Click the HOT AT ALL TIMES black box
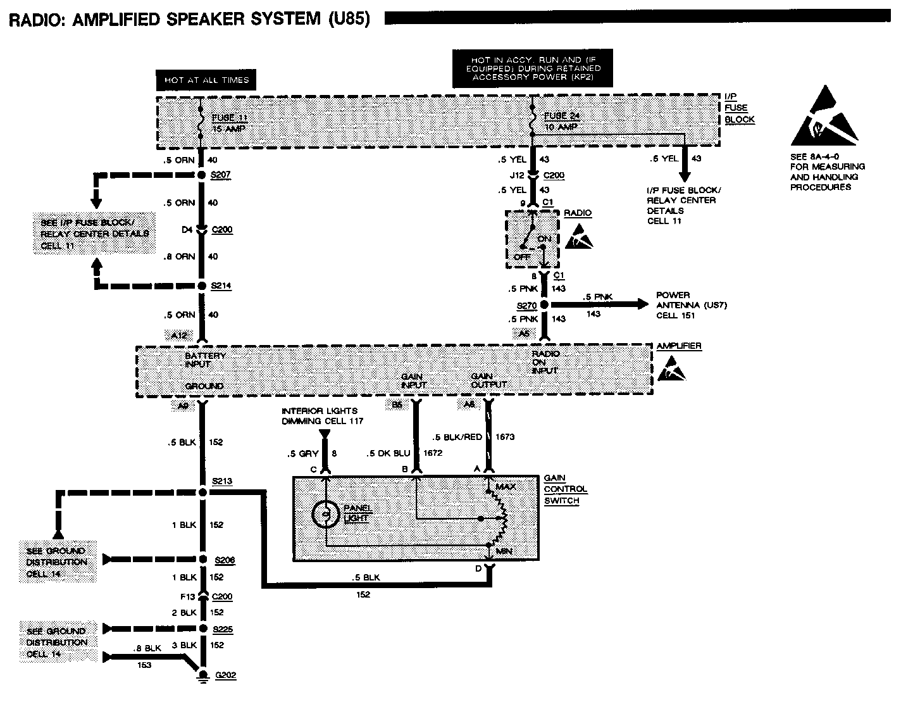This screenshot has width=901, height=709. pos(206,80)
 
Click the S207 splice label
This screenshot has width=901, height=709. pos(221,174)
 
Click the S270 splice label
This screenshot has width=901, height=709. pos(526,305)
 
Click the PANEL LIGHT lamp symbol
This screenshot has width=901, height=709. pos(326,514)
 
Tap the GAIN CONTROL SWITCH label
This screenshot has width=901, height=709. pos(565,489)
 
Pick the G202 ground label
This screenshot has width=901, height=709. pos(225,675)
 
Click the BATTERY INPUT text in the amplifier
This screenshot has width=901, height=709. pos(206,360)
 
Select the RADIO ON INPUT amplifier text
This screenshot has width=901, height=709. pos(545,361)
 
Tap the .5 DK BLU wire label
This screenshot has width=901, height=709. pos(388,453)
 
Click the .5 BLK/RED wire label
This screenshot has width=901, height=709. pos(457,437)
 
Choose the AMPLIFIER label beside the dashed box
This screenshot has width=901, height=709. pos(679,346)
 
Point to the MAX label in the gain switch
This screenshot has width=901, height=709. pos(506,486)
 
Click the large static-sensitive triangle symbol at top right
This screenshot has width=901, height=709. pos(824,117)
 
